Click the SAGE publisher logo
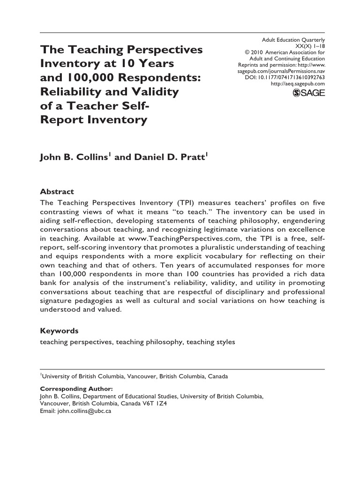click(x=309, y=93)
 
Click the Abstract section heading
click(x=57, y=192)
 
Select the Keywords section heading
click(x=59, y=331)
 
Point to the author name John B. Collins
click(x=75, y=157)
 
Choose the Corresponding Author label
click(x=76, y=389)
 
